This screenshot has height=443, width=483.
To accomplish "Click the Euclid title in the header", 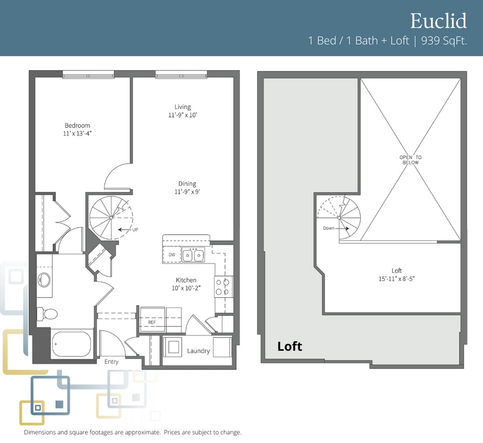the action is pos(438,20).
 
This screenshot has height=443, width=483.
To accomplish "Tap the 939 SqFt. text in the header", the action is pos(444,41).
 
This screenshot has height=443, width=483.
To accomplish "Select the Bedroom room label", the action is pos(77,125).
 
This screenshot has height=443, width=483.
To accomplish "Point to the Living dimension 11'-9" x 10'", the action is pos(183,115).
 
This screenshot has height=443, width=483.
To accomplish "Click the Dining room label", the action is pos(187,184).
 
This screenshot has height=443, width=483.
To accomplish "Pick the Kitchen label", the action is pos(186,280).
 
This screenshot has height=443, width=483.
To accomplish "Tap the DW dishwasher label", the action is pos(172,255).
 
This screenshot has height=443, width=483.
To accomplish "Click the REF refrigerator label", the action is pos(152,322).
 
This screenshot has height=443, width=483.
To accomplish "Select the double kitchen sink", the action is pos(193,255).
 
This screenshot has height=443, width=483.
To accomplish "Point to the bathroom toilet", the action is pos(47,314).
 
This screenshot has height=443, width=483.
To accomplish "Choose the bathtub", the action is pos(71,344).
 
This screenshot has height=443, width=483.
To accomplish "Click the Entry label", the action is pos(112,362).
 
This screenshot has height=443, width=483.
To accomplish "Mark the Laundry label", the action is pos(198,351).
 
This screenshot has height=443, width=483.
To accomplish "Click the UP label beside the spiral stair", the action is pos(135,230).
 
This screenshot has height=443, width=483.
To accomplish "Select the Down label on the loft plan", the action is pos(329,228).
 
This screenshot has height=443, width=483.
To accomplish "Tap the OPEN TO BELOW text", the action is pos(411,160).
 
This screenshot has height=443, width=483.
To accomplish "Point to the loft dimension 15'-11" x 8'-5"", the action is pos(397,279).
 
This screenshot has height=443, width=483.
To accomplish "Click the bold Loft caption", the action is pos(289,346).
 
